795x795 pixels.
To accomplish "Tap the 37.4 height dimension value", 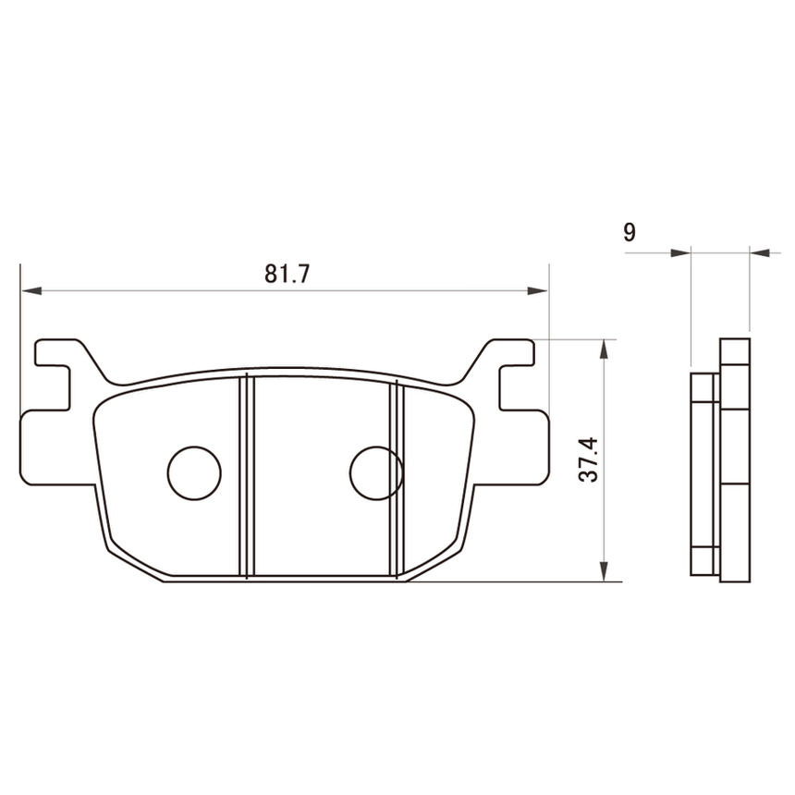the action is [x=589, y=459].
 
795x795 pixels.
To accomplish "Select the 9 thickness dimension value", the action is [x=629, y=232].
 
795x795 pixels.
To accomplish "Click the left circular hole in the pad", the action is [x=194, y=472].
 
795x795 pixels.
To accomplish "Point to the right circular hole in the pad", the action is [x=376, y=472].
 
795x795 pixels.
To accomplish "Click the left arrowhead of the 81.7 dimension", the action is [x=31, y=291].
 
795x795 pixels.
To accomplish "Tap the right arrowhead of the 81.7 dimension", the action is [x=537, y=291].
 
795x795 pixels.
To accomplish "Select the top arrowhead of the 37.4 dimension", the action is [x=604, y=349].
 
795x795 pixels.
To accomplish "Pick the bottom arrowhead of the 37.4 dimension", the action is [x=604, y=571].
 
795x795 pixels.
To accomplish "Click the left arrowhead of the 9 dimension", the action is [x=680, y=252].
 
